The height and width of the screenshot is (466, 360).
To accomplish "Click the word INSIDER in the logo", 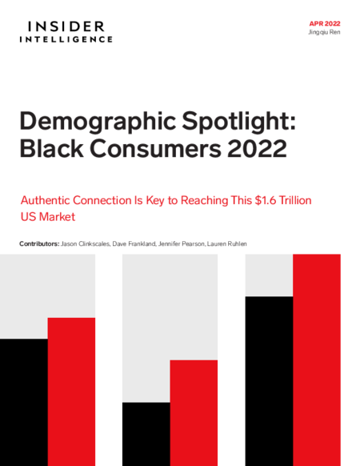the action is click(66, 26).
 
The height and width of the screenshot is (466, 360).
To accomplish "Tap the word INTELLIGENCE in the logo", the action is click(66, 39).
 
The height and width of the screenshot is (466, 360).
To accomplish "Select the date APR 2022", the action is click(325, 24).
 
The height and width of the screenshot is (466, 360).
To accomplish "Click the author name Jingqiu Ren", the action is click(324, 32).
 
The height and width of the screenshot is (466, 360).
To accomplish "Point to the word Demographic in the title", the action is click(98, 122).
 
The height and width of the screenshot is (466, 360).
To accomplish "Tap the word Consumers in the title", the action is click(155, 149).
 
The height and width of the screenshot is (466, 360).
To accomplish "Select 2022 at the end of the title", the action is click(257, 149).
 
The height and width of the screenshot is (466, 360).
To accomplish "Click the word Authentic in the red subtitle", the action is click(46, 200).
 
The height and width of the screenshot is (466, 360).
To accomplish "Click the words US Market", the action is click(48, 217).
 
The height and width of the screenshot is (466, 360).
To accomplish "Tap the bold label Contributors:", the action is click(39, 244).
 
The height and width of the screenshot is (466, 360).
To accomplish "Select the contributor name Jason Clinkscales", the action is click(86, 244).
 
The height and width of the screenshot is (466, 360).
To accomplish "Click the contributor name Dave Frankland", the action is click(134, 244).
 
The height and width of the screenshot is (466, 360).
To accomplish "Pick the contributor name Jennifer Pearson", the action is click(182, 244).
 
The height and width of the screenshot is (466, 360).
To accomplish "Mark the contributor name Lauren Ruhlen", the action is click(227, 244).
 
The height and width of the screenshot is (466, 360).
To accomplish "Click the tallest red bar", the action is click(317, 360).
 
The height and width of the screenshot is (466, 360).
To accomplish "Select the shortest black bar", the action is click(146, 434).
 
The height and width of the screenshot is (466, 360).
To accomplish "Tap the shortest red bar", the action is click(194, 413).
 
